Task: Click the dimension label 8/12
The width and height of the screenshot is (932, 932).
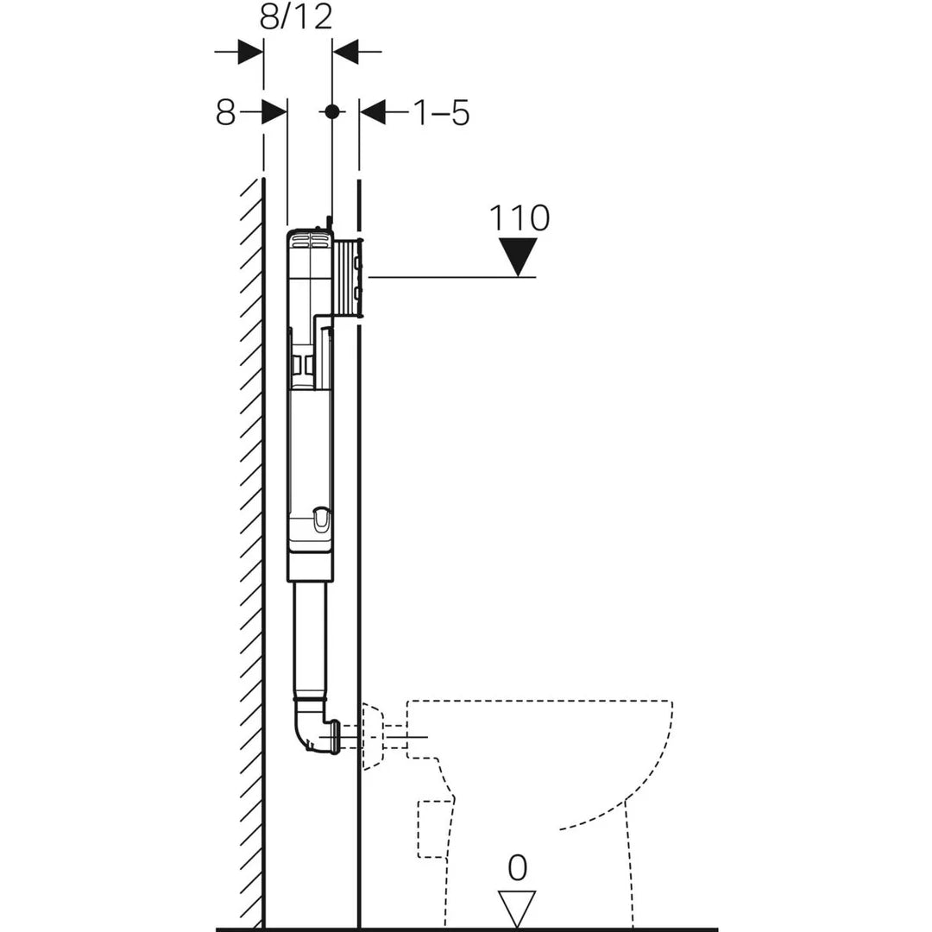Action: tap(296, 16)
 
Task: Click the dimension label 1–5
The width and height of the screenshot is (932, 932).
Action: tap(441, 112)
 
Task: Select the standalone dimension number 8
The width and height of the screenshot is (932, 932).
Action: tap(225, 112)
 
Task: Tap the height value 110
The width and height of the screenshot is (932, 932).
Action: tap(519, 218)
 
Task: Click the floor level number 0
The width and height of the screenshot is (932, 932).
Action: tap(517, 868)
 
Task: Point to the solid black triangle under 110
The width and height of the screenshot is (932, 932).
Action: tap(518, 255)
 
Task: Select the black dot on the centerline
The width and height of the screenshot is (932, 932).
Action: tap(331, 111)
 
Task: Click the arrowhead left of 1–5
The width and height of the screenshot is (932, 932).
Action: tap(374, 111)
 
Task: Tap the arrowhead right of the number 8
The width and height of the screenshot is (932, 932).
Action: tap(274, 111)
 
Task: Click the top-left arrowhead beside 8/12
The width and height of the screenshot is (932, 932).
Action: tap(249, 52)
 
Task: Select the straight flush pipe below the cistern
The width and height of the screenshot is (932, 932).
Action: tap(310, 639)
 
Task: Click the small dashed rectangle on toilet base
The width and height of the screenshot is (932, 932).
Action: tap(435, 828)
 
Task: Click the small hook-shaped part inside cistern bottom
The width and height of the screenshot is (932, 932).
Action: tap(320, 520)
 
